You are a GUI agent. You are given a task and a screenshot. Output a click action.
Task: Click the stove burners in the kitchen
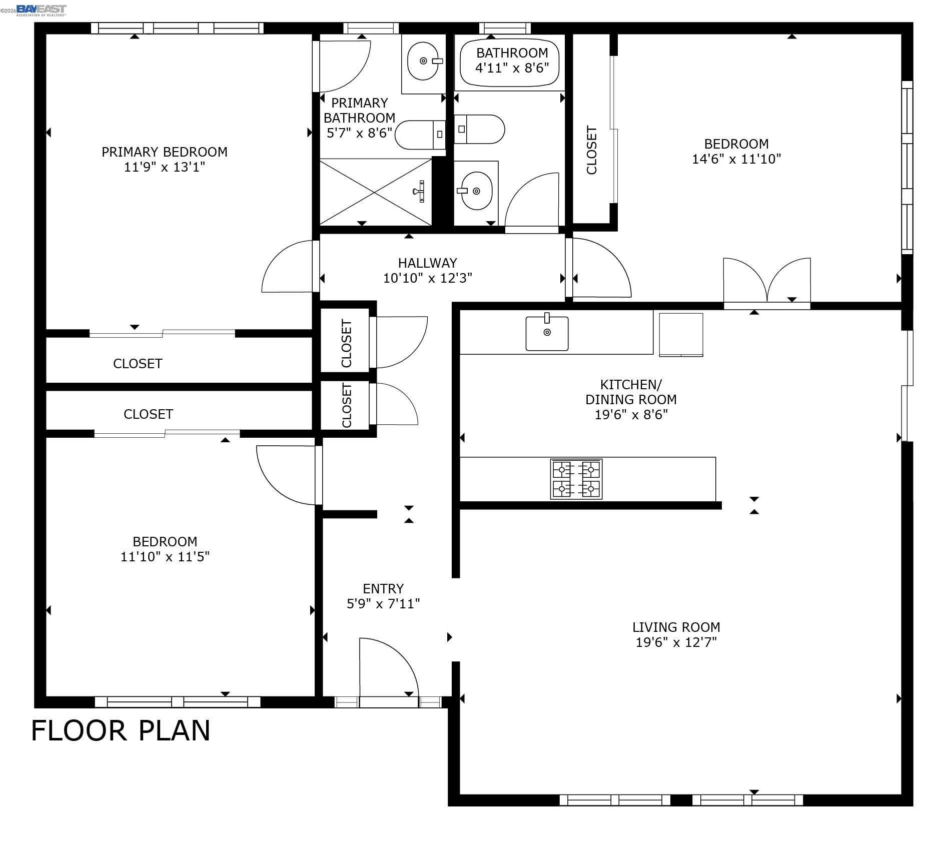[576, 479]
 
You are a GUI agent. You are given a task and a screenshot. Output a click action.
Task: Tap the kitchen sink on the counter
[547, 333]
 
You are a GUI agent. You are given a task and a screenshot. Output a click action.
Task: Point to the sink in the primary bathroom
[423, 62]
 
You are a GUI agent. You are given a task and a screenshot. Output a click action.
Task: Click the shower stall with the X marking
[375, 192]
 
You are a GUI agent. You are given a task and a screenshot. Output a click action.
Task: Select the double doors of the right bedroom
[766, 282]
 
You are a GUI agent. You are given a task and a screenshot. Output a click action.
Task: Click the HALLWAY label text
[427, 263]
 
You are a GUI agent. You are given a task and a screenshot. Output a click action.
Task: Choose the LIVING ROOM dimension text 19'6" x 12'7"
[676, 642]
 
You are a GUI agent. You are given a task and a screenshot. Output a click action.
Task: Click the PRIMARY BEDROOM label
[164, 152]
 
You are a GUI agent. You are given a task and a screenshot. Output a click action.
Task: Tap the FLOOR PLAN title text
[121, 730]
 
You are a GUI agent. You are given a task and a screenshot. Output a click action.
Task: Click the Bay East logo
[41, 10]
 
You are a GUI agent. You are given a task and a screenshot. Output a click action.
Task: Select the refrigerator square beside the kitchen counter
[681, 334]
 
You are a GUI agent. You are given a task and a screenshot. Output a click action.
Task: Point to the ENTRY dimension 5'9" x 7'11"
[383, 604]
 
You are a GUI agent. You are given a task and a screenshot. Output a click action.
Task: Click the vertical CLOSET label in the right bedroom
[591, 150]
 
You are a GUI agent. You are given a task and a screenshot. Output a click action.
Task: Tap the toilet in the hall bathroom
[479, 129]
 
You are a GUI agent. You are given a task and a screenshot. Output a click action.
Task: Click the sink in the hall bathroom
[476, 191]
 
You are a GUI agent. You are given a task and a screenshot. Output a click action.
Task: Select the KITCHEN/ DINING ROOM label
[630, 392]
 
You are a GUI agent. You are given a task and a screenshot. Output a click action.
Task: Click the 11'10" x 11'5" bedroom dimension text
[165, 557]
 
